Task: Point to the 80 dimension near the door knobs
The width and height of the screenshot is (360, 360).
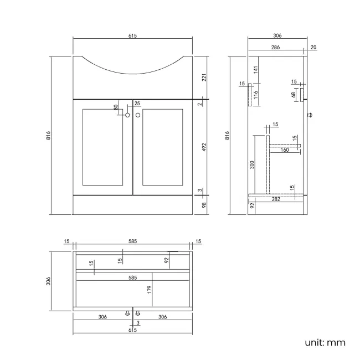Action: point(116,107)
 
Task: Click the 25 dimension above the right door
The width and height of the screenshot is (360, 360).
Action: point(137,103)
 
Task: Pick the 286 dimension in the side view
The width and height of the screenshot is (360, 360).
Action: point(275,48)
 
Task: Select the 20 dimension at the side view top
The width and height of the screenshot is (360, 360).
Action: point(313,48)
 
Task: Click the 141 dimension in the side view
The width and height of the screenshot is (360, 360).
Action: point(256,70)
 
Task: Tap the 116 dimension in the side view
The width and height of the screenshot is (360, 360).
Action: point(256,95)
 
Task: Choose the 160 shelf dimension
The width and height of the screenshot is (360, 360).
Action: point(285,150)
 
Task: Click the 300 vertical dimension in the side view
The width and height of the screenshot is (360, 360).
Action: point(251,165)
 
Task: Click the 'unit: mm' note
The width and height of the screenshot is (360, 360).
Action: point(325,342)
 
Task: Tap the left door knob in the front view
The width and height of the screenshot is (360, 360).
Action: point(128,115)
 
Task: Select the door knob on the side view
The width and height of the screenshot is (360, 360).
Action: point(311,115)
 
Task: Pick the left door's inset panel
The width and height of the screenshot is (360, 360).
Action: point(102,147)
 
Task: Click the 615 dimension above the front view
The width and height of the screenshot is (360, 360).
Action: point(132,35)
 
